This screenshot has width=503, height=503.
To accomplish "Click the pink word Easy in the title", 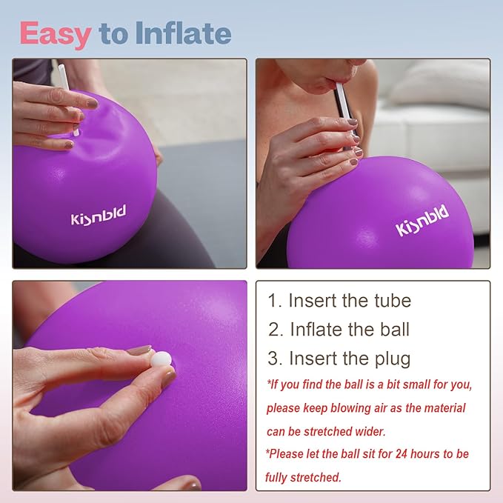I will tap(55, 33).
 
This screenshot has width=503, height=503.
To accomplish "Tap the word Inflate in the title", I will tap(182, 33).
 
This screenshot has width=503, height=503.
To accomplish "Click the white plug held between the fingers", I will tap(162, 359).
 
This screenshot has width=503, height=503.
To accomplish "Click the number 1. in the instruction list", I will tap(275, 301).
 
